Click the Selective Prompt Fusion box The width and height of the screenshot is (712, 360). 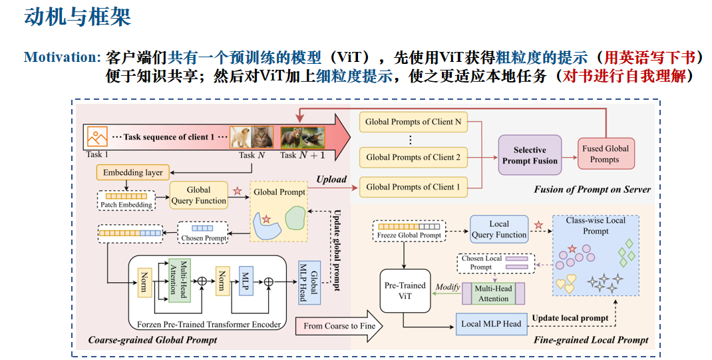click(x=530, y=155)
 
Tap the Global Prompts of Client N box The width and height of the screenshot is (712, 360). click(x=413, y=122)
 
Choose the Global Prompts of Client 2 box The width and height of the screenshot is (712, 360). click(x=413, y=157)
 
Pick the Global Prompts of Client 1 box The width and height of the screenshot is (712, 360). click(x=413, y=187)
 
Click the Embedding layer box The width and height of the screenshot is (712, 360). click(x=133, y=172)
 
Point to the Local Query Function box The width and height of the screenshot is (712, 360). click(x=498, y=229)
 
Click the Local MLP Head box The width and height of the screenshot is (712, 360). click(x=491, y=324)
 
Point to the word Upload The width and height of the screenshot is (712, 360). click(x=331, y=180)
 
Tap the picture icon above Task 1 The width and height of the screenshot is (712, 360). click(x=98, y=137)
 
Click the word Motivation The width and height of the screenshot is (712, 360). click(x=61, y=57)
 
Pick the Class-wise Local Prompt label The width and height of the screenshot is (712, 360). click(x=596, y=226)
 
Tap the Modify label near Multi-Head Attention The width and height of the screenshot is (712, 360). click(x=448, y=287)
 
